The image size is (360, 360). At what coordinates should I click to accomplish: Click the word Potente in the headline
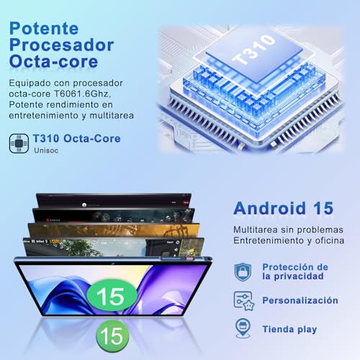(44, 29)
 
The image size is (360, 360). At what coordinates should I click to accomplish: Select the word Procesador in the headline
(61, 45)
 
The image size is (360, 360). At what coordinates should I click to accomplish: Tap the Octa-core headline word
(53, 61)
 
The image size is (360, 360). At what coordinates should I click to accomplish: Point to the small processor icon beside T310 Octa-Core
(19, 143)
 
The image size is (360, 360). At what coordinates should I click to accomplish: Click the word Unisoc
(46, 150)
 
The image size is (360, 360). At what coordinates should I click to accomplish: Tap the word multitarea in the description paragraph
(112, 115)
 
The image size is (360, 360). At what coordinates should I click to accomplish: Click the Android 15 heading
(284, 208)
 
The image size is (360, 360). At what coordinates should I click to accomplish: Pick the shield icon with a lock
(243, 272)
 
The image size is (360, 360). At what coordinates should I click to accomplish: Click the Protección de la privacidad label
(295, 271)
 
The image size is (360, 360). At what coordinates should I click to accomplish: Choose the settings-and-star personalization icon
(244, 301)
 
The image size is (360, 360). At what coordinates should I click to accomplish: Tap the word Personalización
(300, 300)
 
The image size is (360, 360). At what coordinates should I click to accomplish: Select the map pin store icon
(243, 328)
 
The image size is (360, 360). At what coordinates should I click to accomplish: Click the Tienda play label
(289, 329)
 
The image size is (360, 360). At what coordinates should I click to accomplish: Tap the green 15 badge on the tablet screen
(112, 296)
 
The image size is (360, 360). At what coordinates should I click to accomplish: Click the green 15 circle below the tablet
(112, 336)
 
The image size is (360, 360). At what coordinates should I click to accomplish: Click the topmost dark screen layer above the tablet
(114, 201)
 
